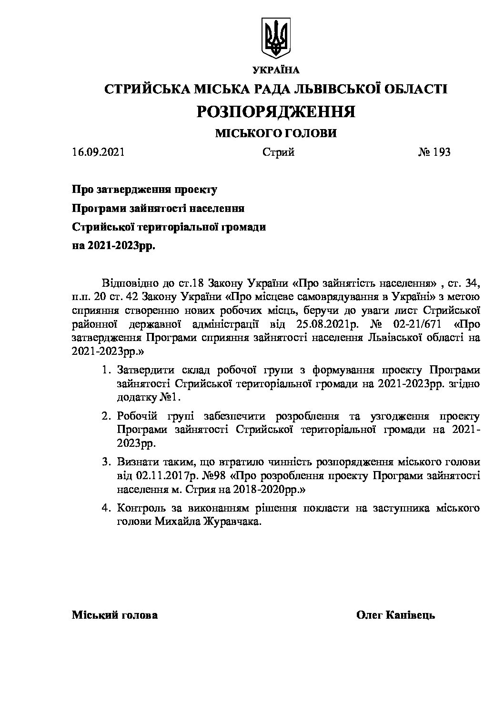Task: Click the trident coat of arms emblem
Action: point(276,38)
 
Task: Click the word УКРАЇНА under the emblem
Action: point(276,70)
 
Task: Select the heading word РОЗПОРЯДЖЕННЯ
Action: point(276,111)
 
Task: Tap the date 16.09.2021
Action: point(98,152)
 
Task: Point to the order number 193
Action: point(441,152)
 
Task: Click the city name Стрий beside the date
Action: point(278,152)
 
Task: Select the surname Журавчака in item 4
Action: point(235,522)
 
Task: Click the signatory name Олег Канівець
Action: point(395,615)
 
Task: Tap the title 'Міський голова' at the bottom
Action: point(115,615)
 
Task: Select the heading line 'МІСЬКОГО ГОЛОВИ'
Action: point(276,133)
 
